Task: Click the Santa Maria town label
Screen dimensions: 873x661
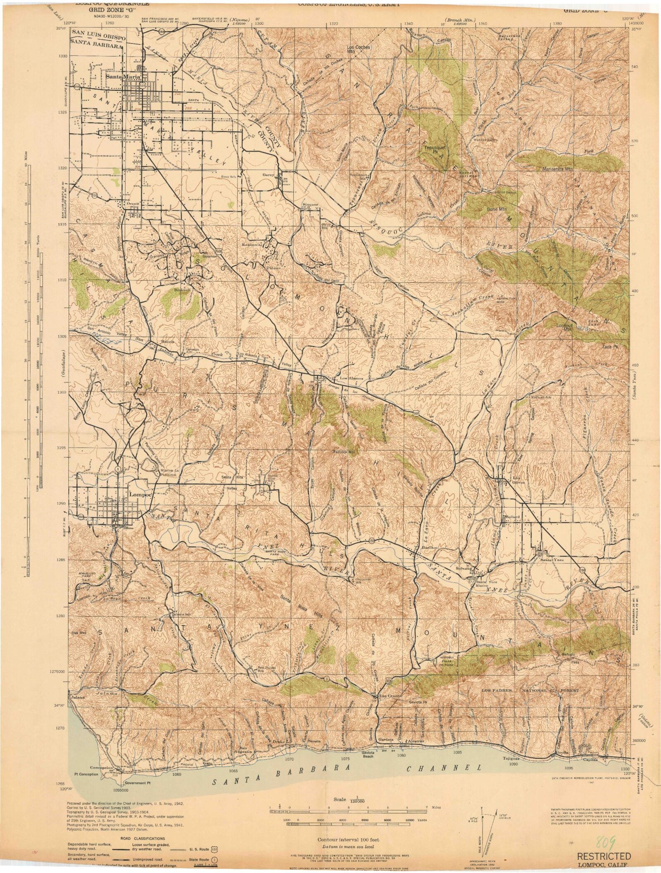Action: tap(123, 77)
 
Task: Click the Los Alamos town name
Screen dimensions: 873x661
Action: tap(352, 378)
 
